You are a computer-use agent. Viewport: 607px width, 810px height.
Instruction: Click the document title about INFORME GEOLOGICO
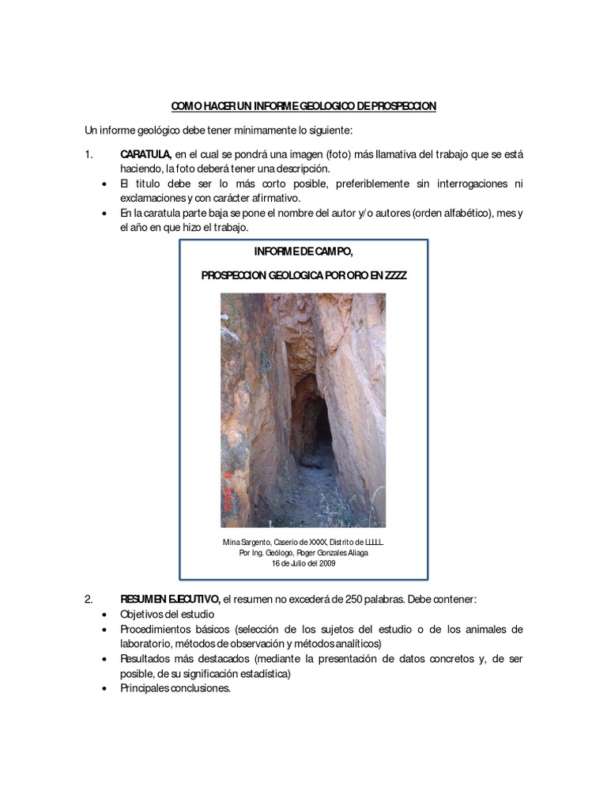tap(303, 106)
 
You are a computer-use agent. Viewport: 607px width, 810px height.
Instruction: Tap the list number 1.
tap(89, 154)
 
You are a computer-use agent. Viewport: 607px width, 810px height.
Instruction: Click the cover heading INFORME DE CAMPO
tap(303, 252)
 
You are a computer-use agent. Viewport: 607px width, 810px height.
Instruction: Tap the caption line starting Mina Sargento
tap(303, 542)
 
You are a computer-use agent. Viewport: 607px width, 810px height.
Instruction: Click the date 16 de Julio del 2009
tap(303, 564)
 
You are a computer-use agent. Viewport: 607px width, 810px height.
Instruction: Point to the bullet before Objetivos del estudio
tap(107, 615)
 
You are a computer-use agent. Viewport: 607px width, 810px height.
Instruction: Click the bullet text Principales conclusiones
tap(175, 689)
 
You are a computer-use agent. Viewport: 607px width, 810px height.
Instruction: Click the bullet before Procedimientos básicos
tap(107, 630)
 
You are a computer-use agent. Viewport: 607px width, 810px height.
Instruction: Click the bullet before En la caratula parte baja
tap(107, 214)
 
